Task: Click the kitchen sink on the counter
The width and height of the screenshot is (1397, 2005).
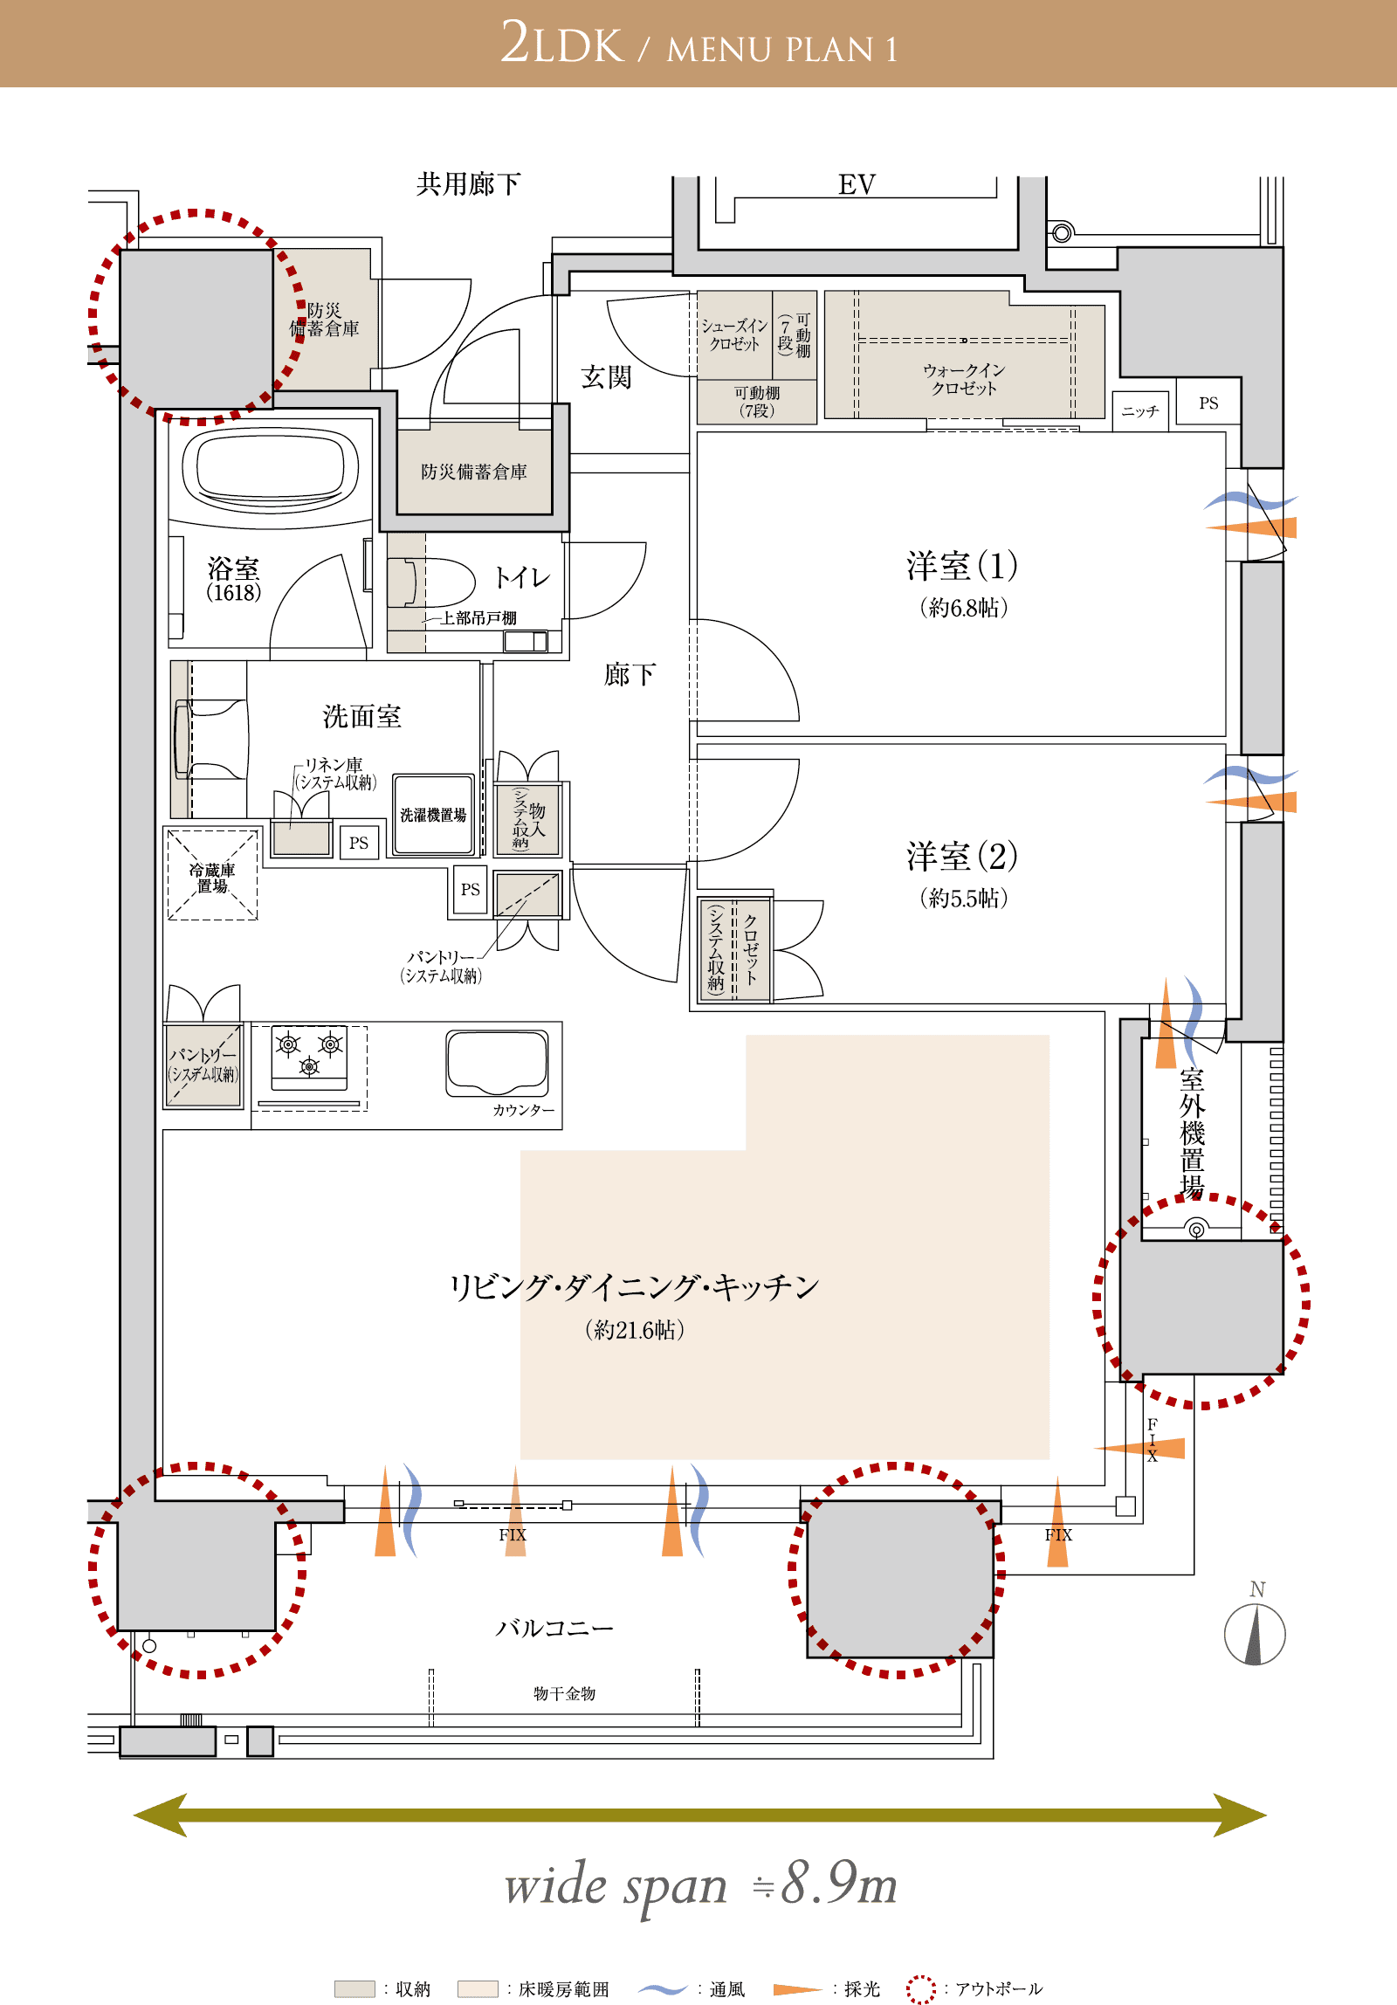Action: tap(497, 1063)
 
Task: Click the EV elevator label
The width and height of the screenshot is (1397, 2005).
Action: tap(857, 184)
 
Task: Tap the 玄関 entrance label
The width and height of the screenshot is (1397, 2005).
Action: tap(606, 376)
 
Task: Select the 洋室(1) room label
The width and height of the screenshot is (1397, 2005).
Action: tap(962, 565)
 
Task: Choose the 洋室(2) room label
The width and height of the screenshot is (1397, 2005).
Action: tap(962, 856)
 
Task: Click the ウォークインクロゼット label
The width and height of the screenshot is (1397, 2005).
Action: tap(964, 380)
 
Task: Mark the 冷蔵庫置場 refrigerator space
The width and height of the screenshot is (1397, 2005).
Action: tap(212, 874)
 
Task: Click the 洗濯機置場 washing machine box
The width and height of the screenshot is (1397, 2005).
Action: tap(433, 815)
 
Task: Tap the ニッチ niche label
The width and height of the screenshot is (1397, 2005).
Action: tap(1140, 411)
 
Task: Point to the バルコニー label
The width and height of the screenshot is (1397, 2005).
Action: tap(554, 1628)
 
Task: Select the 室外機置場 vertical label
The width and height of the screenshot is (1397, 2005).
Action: tap(1193, 1133)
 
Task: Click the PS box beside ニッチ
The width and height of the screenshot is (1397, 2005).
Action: tap(1208, 402)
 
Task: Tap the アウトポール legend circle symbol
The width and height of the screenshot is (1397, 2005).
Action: tap(920, 1988)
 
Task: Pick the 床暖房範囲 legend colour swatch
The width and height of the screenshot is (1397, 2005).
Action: tap(478, 1988)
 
